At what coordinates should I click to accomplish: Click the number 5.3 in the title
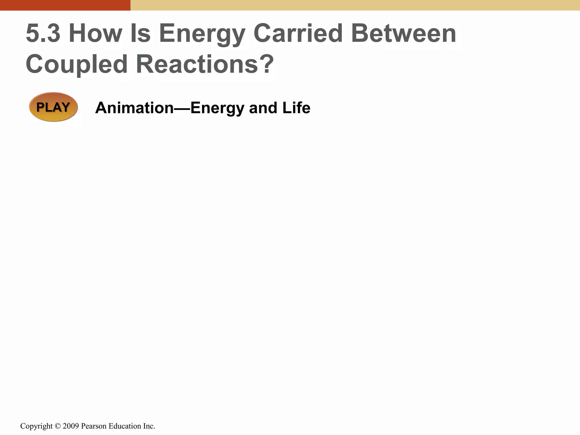coord(43,33)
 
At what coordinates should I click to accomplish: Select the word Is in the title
coord(140,33)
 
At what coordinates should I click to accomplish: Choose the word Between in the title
coord(404,33)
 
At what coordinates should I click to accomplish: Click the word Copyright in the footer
coord(36,426)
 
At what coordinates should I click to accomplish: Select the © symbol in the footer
coord(58,426)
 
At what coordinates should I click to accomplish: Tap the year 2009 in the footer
coord(71,426)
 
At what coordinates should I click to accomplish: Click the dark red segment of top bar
coord(65,5)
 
